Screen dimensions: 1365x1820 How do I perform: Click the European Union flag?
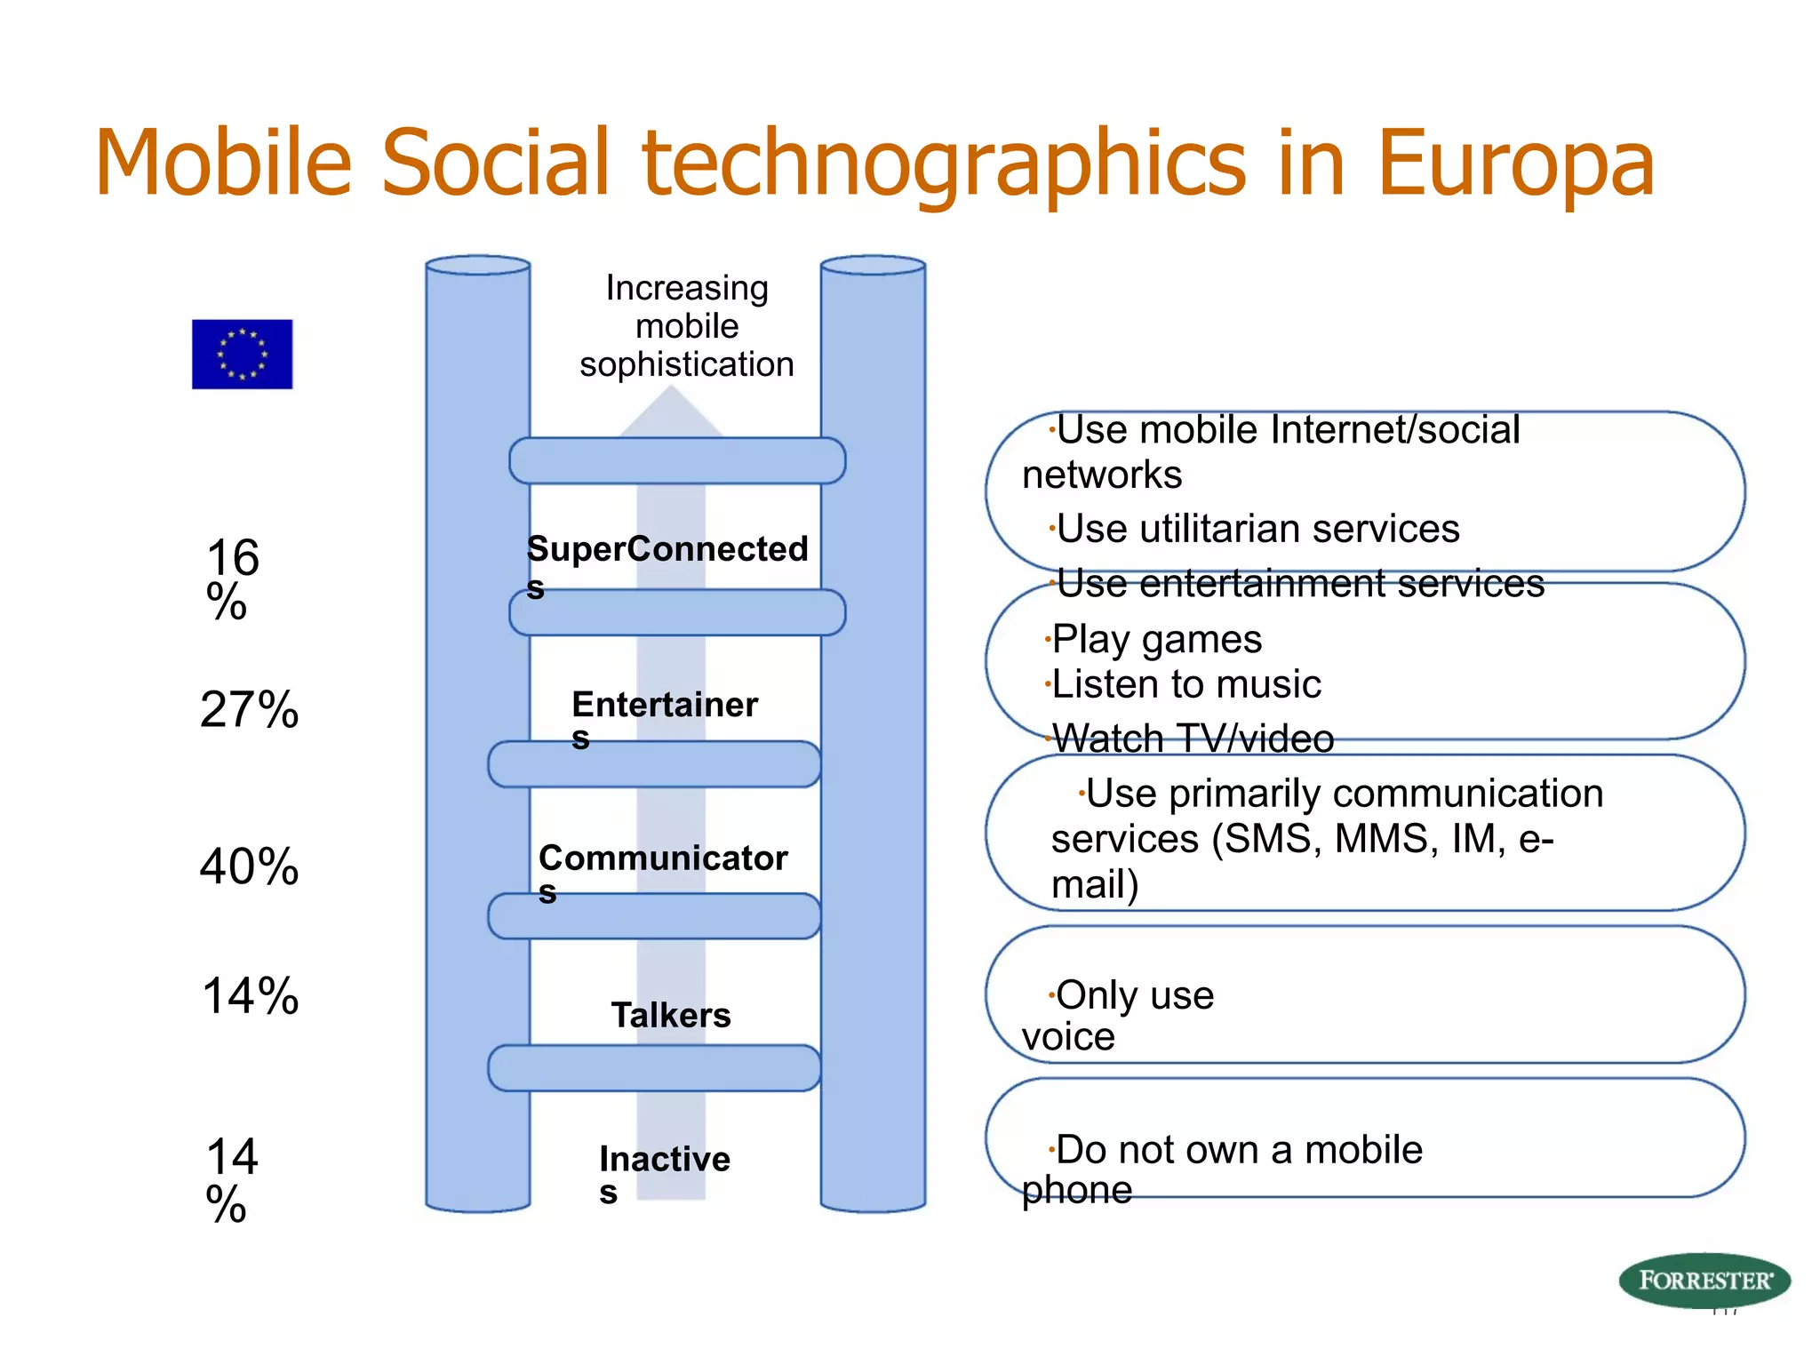point(242,354)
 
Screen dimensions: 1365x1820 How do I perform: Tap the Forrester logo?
point(1704,1280)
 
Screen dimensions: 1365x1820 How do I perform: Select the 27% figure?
point(249,709)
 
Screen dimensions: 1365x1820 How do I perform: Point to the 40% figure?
point(249,866)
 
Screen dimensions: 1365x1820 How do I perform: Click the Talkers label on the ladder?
point(671,1015)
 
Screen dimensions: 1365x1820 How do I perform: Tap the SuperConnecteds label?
point(667,550)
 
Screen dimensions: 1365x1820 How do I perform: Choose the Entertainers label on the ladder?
point(665,706)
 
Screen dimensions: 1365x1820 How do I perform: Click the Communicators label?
point(663,858)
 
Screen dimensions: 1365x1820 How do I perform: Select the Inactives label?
point(665,1160)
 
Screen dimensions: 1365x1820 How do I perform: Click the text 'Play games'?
point(1156,639)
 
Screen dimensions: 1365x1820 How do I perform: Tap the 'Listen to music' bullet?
point(1185,684)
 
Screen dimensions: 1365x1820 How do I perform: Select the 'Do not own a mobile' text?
point(1239,1150)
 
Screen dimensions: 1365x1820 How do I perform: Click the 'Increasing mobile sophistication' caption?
point(687,326)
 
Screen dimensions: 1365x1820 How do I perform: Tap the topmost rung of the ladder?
point(677,460)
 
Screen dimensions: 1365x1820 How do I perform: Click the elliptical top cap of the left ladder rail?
point(478,265)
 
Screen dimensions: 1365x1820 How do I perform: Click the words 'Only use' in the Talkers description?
point(1134,995)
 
